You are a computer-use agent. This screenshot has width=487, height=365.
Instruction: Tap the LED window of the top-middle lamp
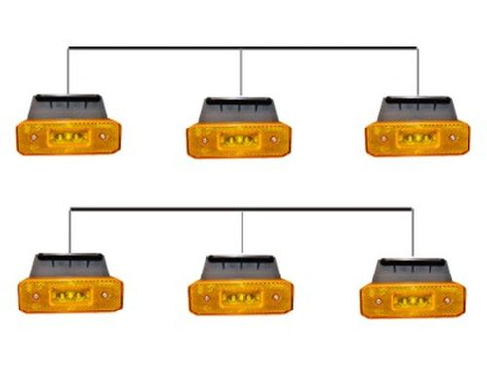(x=237, y=139)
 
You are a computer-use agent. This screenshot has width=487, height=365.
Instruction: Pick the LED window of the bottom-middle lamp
(x=240, y=296)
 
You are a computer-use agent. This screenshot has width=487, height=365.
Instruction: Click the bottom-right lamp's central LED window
(x=411, y=299)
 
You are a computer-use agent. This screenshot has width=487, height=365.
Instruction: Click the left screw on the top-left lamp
(x=32, y=137)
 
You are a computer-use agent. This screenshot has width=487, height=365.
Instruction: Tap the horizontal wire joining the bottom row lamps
(x=156, y=208)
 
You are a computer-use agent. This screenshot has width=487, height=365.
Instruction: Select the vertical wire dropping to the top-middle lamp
(x=241, y=73)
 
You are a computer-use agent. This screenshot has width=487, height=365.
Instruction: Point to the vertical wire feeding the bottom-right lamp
(x=412, y=234)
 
